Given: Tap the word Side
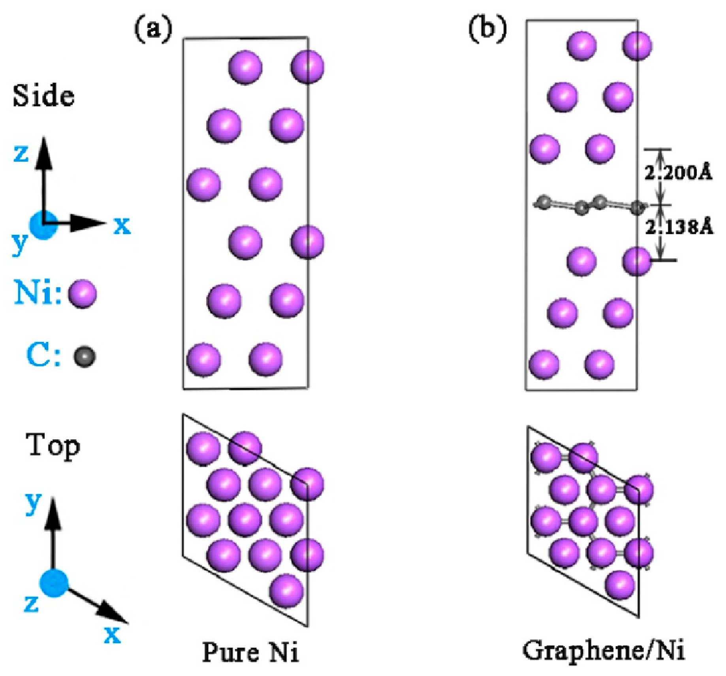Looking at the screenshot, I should point(43,96).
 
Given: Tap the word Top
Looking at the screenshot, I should point(53,446).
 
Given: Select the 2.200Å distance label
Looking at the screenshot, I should point(678,173).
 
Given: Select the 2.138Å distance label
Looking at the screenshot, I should point(679,227).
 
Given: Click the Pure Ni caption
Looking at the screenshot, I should point(250,652).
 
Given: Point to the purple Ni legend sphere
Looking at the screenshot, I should point(83,293).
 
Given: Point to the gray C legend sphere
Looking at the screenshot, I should point(85,356).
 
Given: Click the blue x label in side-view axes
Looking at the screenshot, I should point(122,225).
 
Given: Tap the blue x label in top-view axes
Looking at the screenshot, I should point(112,634).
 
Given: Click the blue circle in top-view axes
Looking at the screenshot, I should point(54,583).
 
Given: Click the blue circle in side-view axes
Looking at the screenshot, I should point(43,225).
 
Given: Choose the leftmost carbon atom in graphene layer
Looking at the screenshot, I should point(544,202).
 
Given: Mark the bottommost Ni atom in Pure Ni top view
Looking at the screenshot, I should point(287,591).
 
